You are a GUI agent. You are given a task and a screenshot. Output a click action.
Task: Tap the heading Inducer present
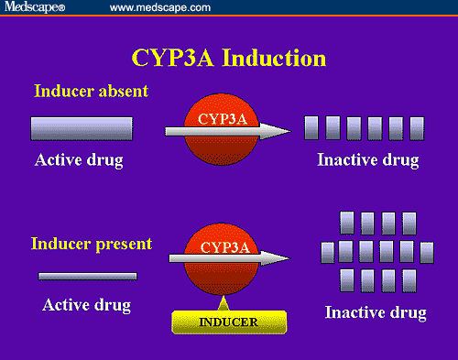[92, 245]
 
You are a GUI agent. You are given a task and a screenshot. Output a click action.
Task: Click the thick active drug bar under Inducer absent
[82, 128]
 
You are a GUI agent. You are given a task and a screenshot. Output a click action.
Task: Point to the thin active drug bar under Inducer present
[87, 276]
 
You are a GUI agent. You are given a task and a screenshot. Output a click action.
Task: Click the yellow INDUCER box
[229, 322]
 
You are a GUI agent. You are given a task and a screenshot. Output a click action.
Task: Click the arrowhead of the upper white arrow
[278, 132]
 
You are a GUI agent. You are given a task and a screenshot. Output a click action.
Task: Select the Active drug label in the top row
[79, 161]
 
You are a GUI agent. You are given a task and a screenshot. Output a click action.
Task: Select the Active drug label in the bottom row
[86, 304]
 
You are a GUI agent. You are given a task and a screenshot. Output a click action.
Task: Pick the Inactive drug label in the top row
[367, 161]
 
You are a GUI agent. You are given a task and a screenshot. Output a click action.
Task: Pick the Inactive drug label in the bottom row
[376, 312]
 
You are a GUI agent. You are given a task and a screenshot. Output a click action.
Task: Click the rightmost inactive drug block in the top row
[417, 127]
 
